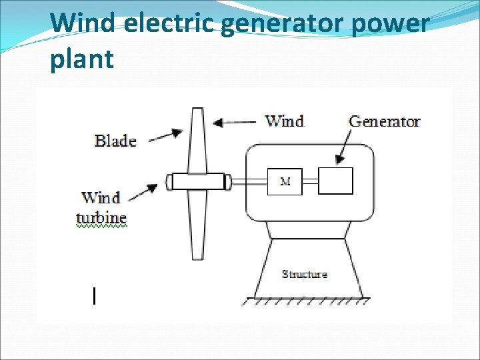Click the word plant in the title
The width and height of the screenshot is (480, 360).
(81, 59)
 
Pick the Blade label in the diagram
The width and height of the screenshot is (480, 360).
(115, 141)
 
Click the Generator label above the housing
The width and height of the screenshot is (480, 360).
(385, 121)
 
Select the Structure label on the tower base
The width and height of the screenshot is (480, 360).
(305, 274)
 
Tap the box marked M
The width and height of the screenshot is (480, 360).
(285, 181)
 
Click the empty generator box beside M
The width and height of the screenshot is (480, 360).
(335, 181)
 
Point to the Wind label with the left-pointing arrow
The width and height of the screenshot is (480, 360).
(285, 121)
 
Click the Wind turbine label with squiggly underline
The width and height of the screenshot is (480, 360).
(101, 208)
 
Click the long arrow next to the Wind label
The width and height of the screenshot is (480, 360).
(235, 122)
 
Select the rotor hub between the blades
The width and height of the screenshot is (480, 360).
(197, 181)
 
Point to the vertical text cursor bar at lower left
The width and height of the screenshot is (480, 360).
(95, 295)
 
